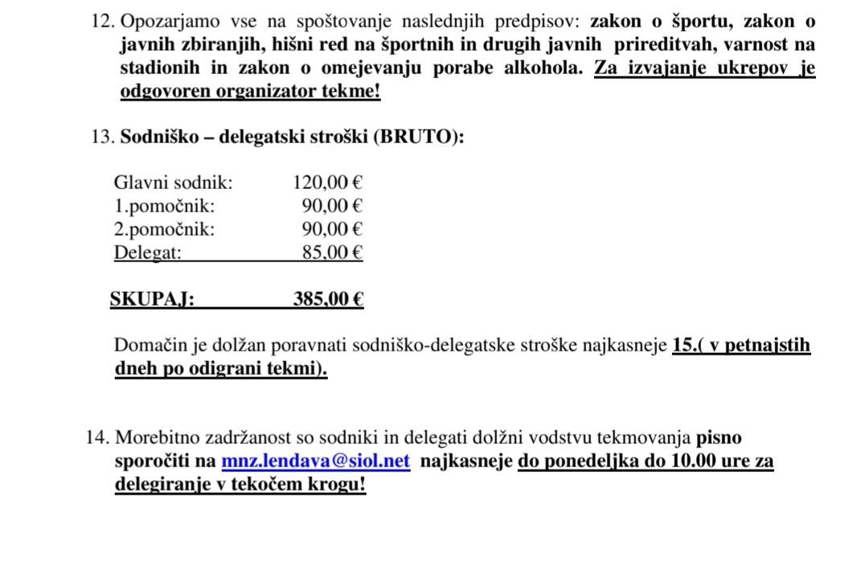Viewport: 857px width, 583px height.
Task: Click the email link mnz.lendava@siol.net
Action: (315, 462)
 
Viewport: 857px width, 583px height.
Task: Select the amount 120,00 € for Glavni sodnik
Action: (327, 182)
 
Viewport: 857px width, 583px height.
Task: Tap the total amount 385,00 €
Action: (328, 299)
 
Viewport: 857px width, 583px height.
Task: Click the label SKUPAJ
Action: (152, 299)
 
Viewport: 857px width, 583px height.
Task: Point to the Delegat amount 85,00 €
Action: (332, 252)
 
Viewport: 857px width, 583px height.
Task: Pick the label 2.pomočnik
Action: (164, 229)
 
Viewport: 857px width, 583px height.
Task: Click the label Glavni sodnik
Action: (173, 182)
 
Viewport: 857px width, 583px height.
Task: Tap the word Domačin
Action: (150, 346)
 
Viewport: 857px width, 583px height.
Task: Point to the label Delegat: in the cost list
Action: (148, 252)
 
